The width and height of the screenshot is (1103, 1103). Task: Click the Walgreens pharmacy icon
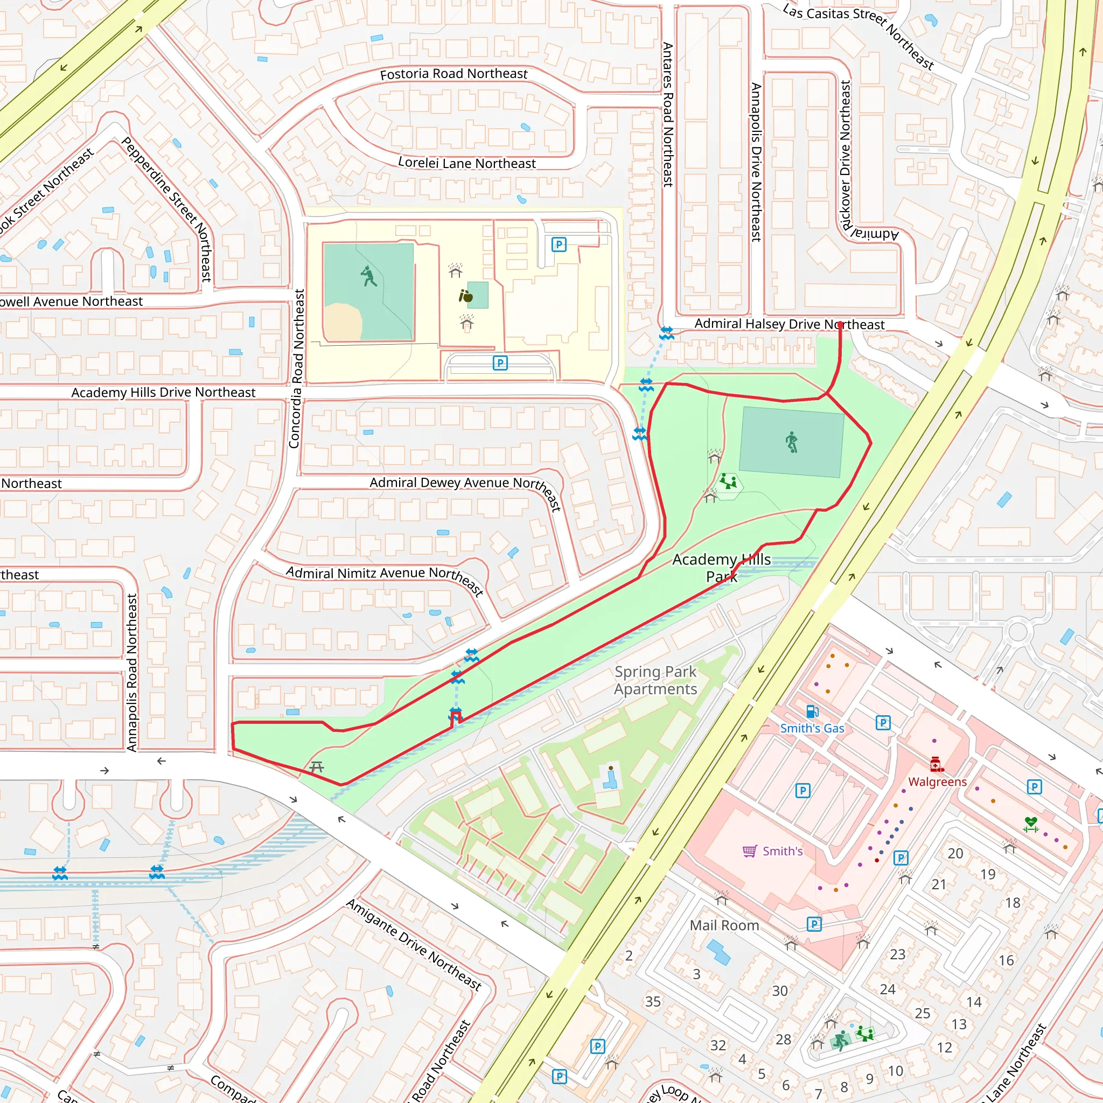click(x=936, y=764)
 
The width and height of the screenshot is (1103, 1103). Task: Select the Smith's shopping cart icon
click(x=750, y=851)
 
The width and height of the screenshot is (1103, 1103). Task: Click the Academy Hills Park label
click(x=722, y=568)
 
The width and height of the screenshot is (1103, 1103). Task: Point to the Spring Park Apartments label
click(x=655, y=680)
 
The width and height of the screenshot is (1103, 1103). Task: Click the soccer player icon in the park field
click(x=791, y=443)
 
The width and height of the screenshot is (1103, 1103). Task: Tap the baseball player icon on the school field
click(x=369, y=276)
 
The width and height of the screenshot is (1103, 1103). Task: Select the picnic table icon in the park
click(x=316, y=767)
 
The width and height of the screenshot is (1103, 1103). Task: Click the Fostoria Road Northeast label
click(x=453, y=74)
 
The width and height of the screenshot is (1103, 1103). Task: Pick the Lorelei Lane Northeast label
click(x=466, y=163)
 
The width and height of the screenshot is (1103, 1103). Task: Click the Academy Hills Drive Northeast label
click(x=163, y=392)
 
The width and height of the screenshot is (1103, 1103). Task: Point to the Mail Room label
click(x=724, y=925)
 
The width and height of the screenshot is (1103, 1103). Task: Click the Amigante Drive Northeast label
click(x=414, y=944)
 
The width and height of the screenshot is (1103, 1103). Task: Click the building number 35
click(x=653, y=1001)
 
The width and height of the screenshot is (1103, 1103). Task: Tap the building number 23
click(x=897, y=954)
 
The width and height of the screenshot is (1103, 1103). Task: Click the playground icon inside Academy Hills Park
click(x=728, y=481)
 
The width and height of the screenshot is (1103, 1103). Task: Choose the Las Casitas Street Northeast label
click(x=857, y=36)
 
